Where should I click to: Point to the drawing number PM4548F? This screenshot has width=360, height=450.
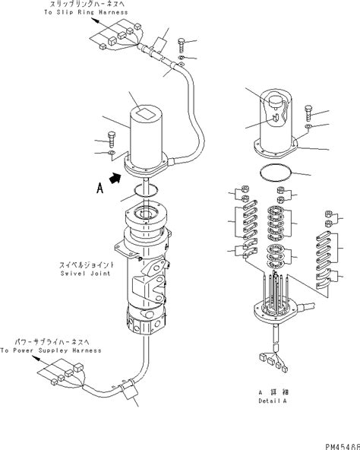click(335, 443)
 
